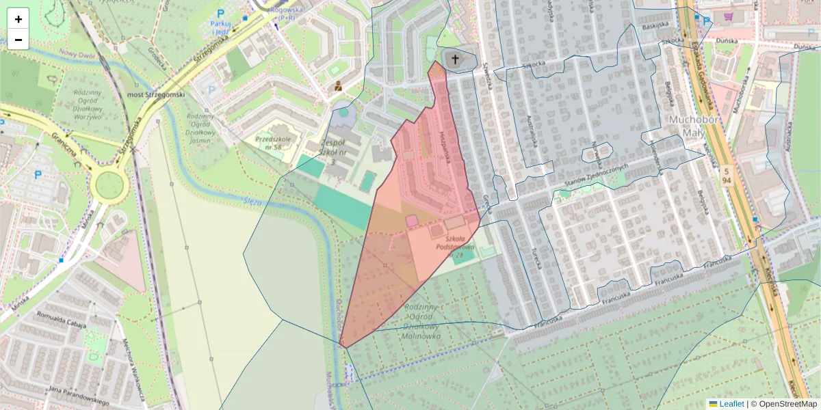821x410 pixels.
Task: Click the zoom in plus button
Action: tap(18, 19)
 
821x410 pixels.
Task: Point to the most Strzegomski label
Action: tap(157, 94)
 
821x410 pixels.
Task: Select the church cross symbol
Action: tap(454, 59)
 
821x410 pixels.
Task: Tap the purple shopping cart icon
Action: tap(728, 17)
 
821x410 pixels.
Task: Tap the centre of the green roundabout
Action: tap(109, 185)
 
